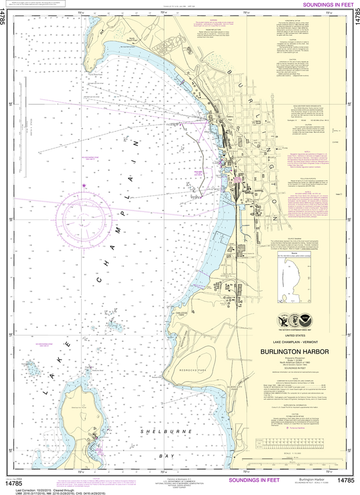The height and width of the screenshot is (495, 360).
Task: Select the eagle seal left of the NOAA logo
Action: click(x=285, y=320)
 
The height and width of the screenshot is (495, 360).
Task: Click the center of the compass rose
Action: click(x=85, y=214)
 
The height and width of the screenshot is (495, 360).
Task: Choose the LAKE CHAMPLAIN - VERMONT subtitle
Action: click(x=295, y=342)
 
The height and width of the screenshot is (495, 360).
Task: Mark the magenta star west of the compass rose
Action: click(x=84, y=186)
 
